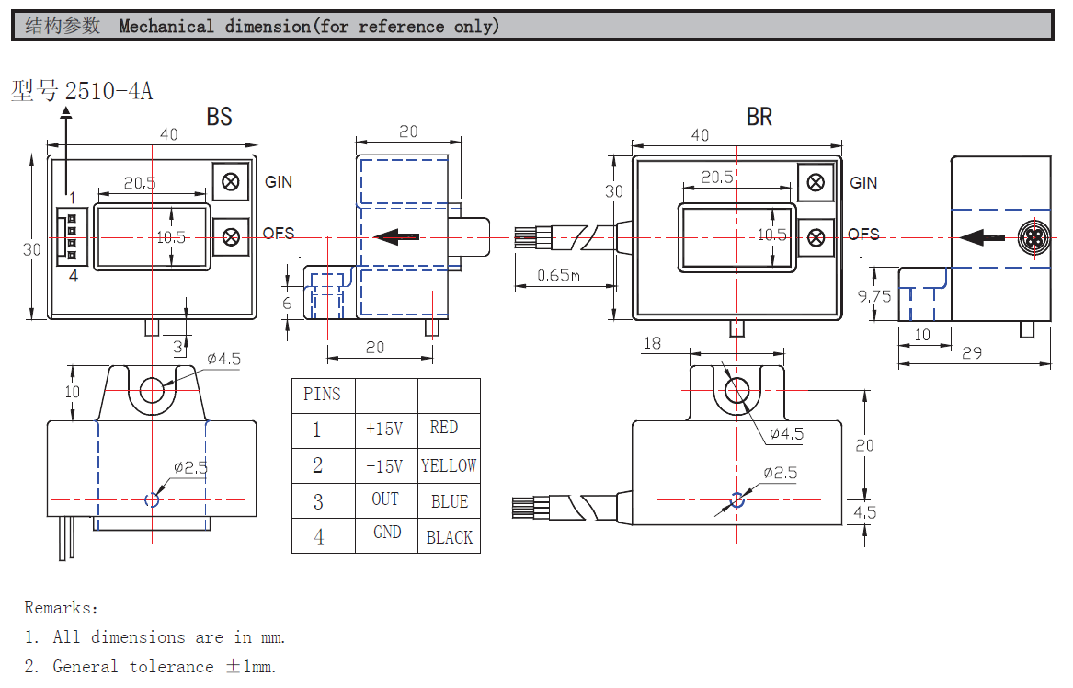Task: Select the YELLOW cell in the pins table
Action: click(x=449, y=465)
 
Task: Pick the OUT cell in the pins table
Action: click(x=385, y=499)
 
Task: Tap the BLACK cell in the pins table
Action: click(x=449, y=537)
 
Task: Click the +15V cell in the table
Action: click(x=384, y=429)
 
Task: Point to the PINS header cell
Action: click(x=322, y=395)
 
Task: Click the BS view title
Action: click(x=219, y=117)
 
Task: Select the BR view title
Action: click(x=759, y=117)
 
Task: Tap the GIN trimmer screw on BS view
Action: click(x=231, y=181)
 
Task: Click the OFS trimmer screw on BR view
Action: click(x=815, y=237)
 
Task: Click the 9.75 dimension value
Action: click(x=874, y=296)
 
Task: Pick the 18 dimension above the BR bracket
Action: click(x=652, y=343)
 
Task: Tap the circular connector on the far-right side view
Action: click(x=1033, y=238)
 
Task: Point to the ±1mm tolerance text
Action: click(x=251, y=667)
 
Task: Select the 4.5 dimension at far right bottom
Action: click(x=865, y=513)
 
